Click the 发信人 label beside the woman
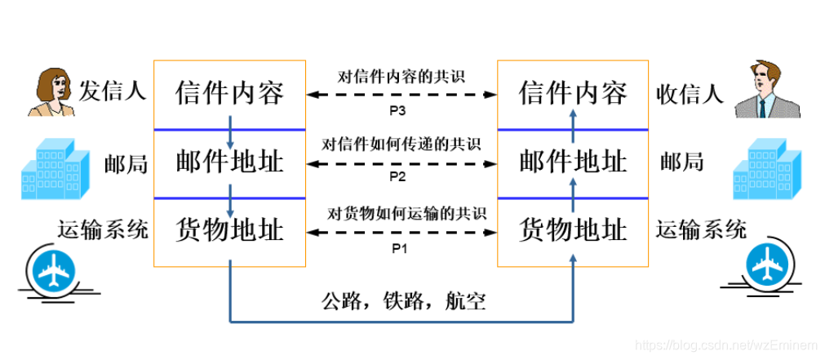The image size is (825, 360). tap(112, 91)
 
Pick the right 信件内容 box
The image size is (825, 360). tap(573, 93)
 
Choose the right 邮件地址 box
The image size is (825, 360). tap(573, 162)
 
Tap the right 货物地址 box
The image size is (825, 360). tap(573, 230)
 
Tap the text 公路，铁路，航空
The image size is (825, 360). tap(403, 302)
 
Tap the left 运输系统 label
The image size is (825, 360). tap(103, 229)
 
